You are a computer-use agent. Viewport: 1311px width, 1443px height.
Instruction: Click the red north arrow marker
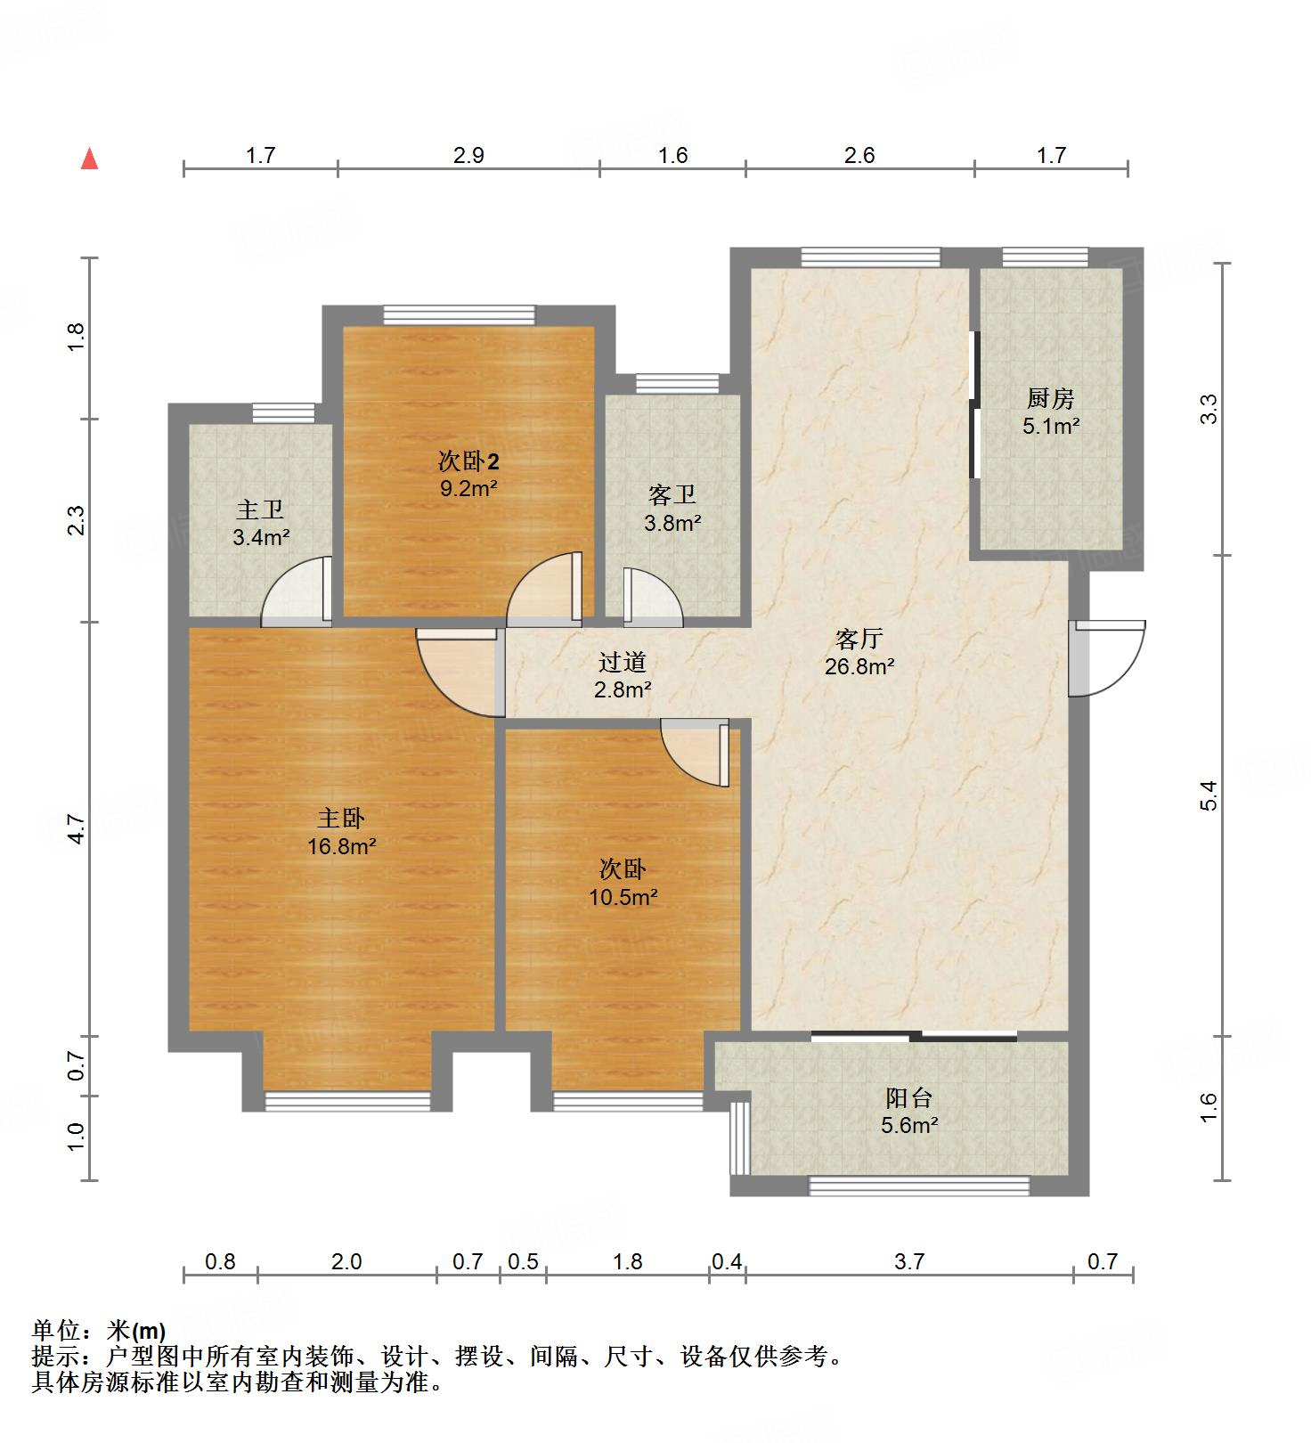[x=89, y=159]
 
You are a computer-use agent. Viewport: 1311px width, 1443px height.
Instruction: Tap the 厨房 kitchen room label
[x=1050, y=398]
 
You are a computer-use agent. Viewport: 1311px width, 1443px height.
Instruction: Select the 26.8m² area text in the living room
[x=859, y=666]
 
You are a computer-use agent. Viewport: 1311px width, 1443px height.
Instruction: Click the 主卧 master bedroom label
[x=341, y=818]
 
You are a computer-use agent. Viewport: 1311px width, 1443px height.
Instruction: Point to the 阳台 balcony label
[x=908, y=1097]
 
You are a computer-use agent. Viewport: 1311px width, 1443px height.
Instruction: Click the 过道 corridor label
[x=623, y=662]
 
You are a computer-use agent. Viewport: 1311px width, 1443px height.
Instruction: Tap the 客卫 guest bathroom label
[x=672, y=495]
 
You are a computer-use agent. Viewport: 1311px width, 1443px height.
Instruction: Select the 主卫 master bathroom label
[x=260, y=510]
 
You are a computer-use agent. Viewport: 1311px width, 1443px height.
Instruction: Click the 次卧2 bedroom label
[x=468, y=461]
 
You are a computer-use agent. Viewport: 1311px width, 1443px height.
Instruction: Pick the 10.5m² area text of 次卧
[x=623, y=897]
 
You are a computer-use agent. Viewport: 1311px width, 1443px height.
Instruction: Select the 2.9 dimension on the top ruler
[x=468, y=156]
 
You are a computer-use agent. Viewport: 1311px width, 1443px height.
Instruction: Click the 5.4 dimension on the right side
[x=1209, y=795]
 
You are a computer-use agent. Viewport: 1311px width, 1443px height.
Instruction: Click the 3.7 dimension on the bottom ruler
[x=909, y=1261]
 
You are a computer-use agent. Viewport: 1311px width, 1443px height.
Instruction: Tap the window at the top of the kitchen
[x=1045, y=257]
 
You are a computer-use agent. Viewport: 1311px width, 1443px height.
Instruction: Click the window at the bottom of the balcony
[x=918, y=1186]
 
